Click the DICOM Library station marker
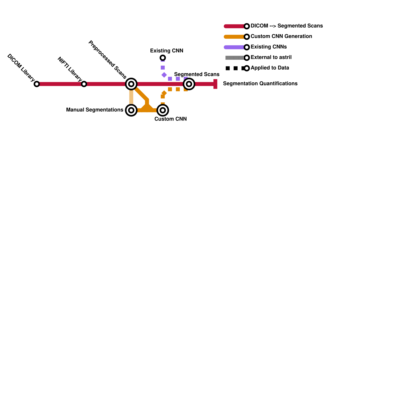(37, 84)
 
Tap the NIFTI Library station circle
(84, 84)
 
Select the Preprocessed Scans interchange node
(131, 84)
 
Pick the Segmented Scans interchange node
(189, 84)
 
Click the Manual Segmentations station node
(131, 110)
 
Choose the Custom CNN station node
(163, 110)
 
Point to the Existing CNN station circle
(163, 58)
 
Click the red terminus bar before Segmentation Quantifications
(215, 84)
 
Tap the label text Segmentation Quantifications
(260, 84)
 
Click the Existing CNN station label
(167, 51)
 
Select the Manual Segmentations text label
(94, 110)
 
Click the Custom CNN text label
(171, 119)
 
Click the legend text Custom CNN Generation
(281, 36)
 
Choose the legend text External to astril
(271, 57)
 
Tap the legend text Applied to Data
(270, 68)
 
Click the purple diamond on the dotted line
(164, 75)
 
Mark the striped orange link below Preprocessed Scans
(131, 97)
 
